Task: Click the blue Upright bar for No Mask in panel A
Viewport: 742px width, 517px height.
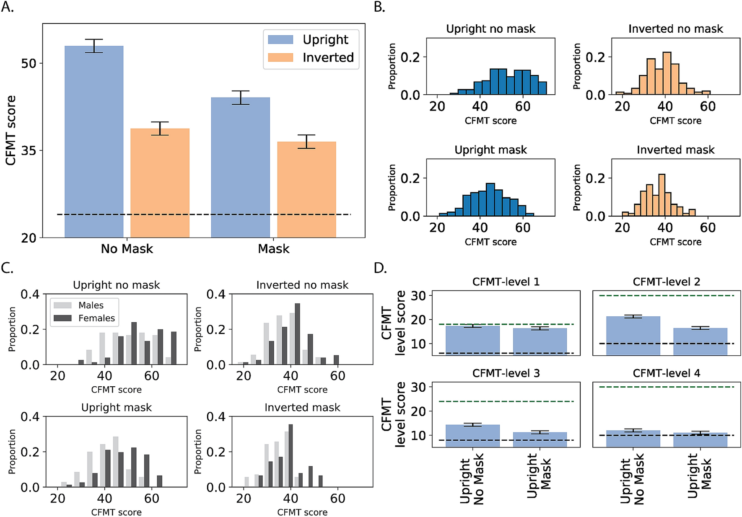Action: [94, 142]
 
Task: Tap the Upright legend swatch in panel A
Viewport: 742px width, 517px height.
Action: [280, 39]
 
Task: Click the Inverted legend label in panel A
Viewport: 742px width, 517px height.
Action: [328, 57]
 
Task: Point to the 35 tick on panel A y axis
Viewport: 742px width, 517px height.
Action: [29, 150]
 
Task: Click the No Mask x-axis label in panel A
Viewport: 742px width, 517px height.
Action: [127, 249]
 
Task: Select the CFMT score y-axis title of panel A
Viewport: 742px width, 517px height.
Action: [10, 130]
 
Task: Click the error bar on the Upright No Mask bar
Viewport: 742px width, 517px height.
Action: [94, 46]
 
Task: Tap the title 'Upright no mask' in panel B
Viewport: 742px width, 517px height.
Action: [490, 29]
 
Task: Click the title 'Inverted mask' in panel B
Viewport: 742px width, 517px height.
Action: [675, 150]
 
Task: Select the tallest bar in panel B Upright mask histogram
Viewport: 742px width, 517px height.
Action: [490, 199]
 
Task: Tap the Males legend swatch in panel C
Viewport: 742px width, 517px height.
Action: [62, 305]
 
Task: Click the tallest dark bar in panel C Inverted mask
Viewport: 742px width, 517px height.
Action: [291, 455]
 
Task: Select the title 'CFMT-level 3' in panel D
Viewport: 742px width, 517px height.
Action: [506, 373]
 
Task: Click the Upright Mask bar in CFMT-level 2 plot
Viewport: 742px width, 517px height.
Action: [700, 341]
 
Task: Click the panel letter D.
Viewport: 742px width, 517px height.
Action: [380, 268]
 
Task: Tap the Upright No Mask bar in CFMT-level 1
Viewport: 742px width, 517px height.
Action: [472, 340]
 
